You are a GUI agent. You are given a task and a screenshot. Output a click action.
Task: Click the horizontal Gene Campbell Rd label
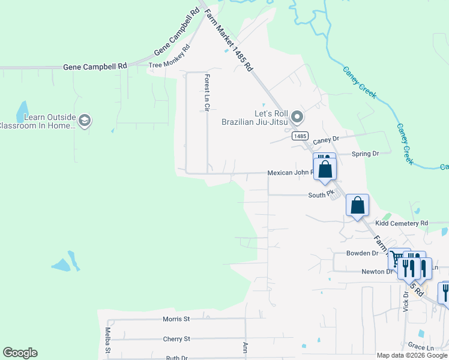[x=95, y=67]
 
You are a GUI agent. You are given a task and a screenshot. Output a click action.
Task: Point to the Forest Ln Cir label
[x=206, y=93]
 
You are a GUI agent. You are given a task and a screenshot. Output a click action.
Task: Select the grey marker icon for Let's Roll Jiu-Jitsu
[x=295, y=116]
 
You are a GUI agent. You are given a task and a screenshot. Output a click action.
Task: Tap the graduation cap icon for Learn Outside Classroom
[x=85, y=121]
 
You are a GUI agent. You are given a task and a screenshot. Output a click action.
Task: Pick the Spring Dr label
[x=366, y=154]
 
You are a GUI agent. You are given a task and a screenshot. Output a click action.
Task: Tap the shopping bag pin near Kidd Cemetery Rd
[x=358, y=205]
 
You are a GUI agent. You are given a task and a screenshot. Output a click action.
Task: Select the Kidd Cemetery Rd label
[x=402, y=223]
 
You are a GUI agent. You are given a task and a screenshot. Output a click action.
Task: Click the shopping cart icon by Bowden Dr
[x=397, y=259]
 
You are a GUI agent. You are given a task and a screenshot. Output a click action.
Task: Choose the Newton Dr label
[x=377, y=272]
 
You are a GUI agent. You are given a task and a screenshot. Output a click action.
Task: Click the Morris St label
[x=176, y=319]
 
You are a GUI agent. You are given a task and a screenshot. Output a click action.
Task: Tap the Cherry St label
[x=176, y=339]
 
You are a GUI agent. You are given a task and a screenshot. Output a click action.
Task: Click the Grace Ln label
[x=421, y=347]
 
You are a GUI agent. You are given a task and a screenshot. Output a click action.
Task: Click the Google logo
[x=20, y=353]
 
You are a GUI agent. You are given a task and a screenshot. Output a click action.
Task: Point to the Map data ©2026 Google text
[x=412, y=355]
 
